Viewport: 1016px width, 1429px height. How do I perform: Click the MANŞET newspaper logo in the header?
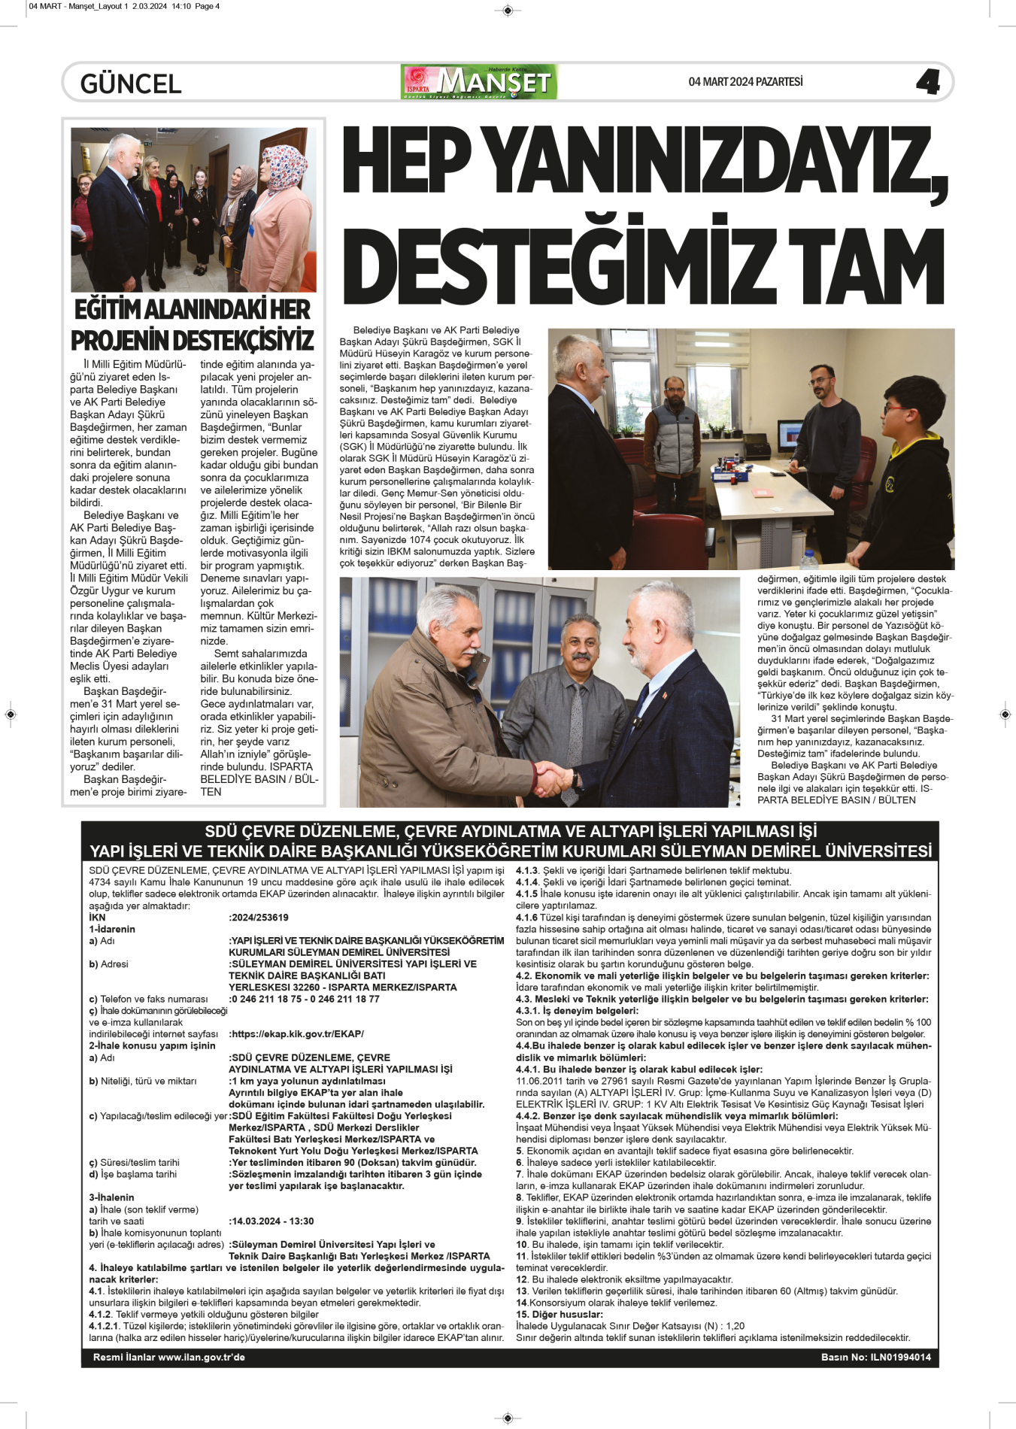click(479, 82)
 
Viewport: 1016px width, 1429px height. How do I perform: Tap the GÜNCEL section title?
click(131, 83)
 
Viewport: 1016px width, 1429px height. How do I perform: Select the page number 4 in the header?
click(927, 82)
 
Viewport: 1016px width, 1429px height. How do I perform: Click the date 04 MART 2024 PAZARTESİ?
click(745, 82)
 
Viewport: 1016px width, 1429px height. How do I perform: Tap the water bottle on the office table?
click(808, 559)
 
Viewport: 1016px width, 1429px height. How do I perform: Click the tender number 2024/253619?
click(259, 918)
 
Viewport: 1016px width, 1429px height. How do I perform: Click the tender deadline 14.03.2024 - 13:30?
click(272, 1221)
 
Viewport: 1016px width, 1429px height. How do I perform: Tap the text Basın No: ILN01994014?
click(875, 1358)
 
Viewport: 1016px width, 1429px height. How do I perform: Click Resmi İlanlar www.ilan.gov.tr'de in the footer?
click(168, 1358)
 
